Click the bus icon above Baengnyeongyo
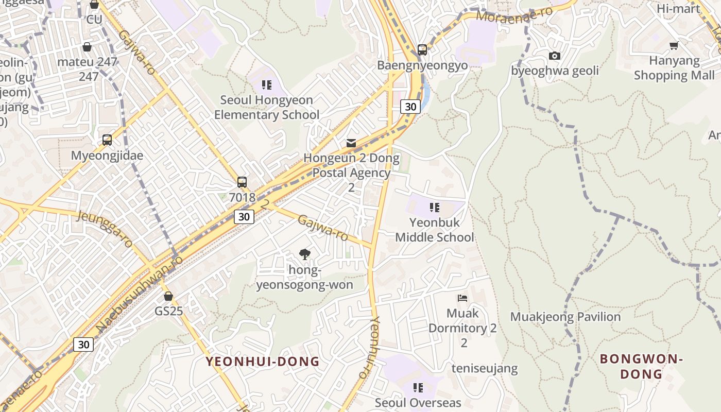422,50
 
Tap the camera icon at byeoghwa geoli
555,56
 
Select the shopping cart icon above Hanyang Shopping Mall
674,46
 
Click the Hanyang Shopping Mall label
674,68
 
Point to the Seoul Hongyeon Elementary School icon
266,84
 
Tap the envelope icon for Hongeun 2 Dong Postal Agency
351,143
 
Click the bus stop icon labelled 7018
242,182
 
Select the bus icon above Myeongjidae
107,140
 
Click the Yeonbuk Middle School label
434,230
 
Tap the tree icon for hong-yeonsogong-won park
305,253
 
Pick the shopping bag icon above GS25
168,296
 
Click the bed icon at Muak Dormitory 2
462,298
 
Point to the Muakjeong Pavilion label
565,317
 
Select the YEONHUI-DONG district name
263,362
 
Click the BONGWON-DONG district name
641,366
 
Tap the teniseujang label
485,369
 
